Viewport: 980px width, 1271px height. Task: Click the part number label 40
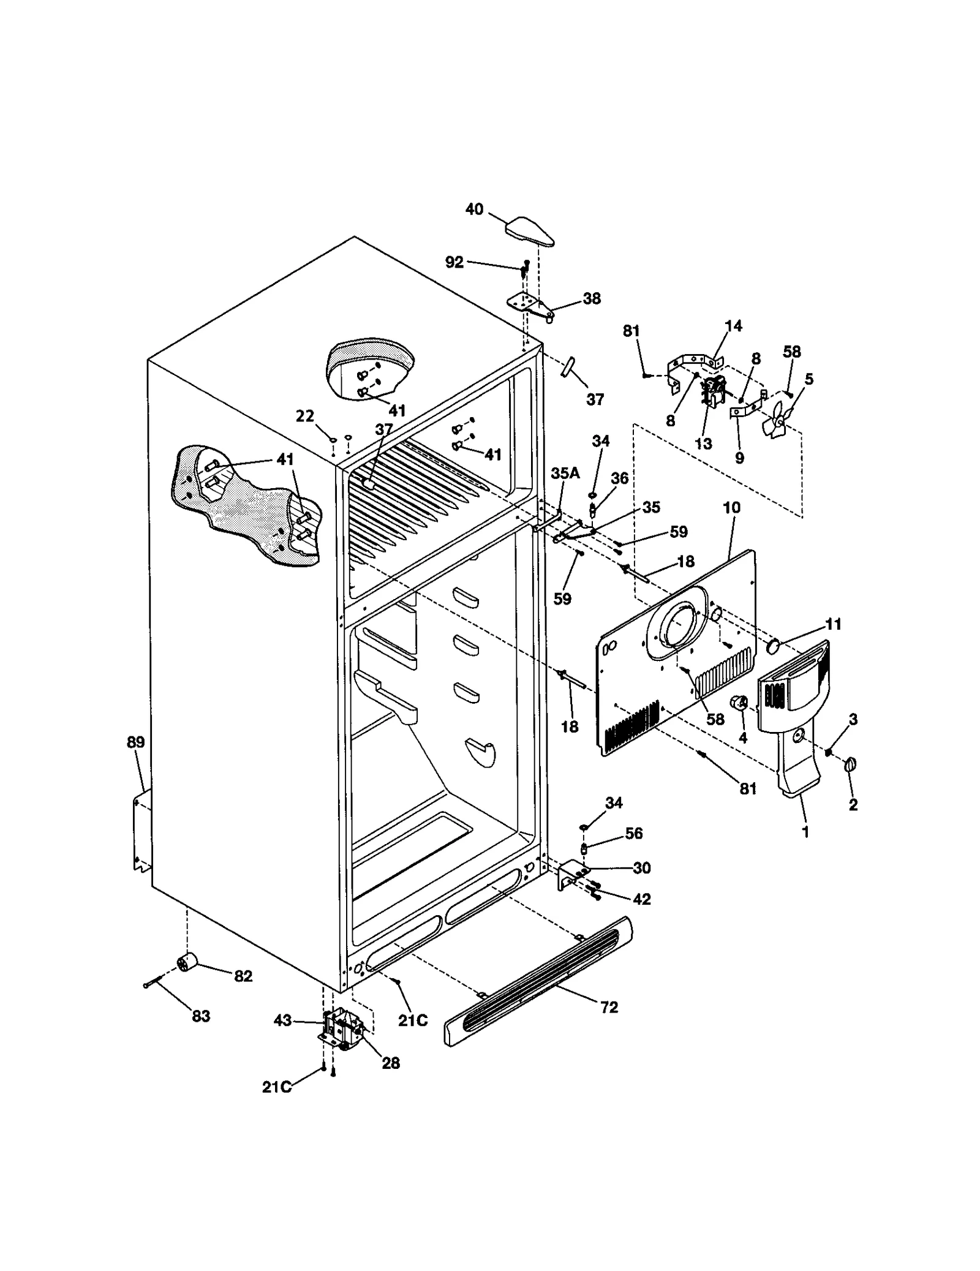[474, 209]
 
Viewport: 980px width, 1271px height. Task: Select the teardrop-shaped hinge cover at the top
[530, 231]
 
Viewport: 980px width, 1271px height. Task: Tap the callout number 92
[454, 263]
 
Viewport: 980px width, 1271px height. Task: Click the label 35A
[565, 473]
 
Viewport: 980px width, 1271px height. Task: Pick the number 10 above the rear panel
[731, 508]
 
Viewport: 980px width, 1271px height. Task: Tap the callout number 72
[609, 1007]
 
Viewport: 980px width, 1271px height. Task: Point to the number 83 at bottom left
[201, 1016]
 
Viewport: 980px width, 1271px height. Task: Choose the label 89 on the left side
[135, 742]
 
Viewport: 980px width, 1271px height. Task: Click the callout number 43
[282, 1021]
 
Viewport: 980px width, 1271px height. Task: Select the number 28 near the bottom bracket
[391, 1063]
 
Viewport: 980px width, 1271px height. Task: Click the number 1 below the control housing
[805, 832]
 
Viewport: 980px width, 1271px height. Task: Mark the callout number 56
[634, 833]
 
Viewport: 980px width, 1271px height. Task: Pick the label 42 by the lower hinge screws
[641, 899]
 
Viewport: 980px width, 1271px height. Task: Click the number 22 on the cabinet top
[304, 417]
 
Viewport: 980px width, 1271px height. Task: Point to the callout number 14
[733, 326]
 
